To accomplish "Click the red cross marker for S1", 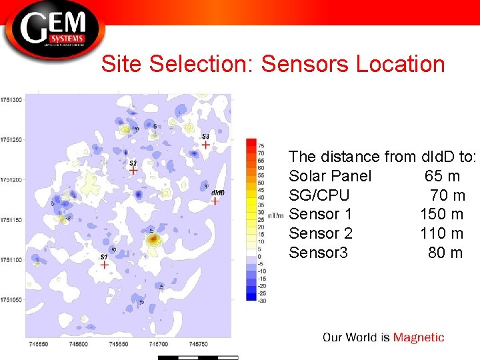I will pyautogui.click(x=104, y=265).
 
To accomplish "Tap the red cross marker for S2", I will pyautogui.click(x=133, y=170).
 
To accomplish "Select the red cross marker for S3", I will pyautogui.click(x=206, y=144).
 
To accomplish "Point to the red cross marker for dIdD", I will pyautogui.click(x=215, y=201).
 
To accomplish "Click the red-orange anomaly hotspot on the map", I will pyautogui.click(x=154, y=238).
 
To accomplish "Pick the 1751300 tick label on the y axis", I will pyautogui.click(x=12, y=99).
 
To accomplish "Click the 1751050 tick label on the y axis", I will pyautogui.click(x=12, y=299).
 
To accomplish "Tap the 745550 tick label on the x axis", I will pyautogui.click(x=39, y=345).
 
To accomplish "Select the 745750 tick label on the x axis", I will pyautogui.click(x=198, y=345).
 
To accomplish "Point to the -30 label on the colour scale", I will pyautogui.click(x=262, y=301).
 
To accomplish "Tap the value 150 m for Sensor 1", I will pyautogui.click(x=441, y=215).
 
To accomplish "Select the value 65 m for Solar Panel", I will pyautogui.click(x=442, y=176).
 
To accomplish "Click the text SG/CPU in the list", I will pyautogui.click(x=319, y=195).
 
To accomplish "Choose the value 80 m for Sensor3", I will pyautogui.click(x=445, y=253).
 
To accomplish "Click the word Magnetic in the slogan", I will pyautogui.click(x=418, y=337).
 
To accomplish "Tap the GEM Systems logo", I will pyautogui.click(x=53, y=29).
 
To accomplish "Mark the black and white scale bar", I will pyautogui.click(x=198, y=357).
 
